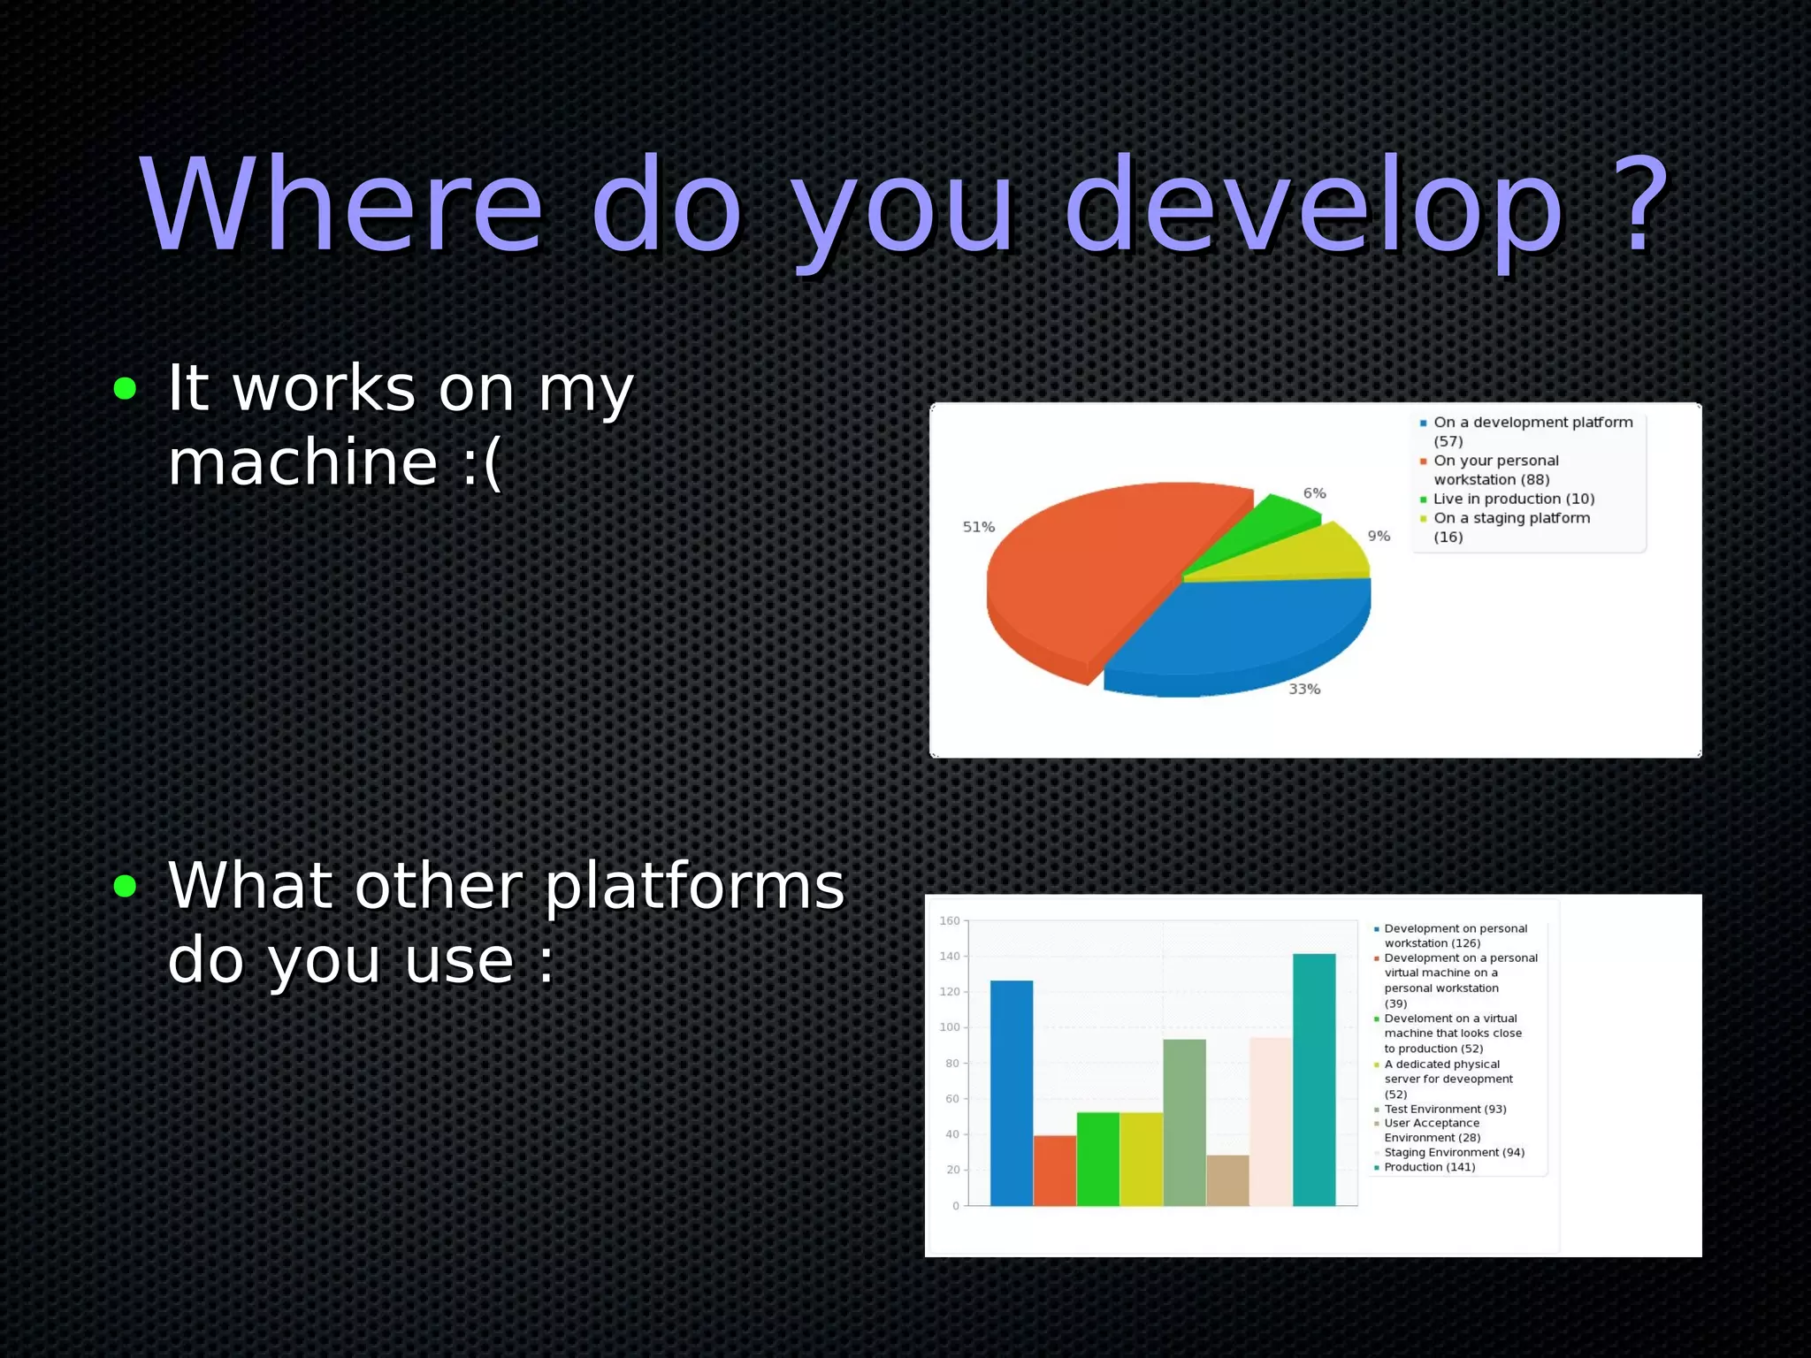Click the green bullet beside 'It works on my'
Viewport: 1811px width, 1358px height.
(x=126, y=388)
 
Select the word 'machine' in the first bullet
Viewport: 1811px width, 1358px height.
(x=303, y=462)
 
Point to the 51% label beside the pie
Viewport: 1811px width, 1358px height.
(x=978, y=527)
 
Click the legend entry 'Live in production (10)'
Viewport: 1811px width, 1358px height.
(x=1513, y=499)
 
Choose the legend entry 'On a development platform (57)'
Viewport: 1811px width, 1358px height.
(x=1532, y=431)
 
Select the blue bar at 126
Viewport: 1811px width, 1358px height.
(x=1011, y=1093)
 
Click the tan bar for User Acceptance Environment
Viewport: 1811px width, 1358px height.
(x=1227, y=1179)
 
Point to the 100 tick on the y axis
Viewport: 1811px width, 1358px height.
(x=950, y=1027)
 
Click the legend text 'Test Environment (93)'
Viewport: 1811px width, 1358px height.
(x=1445, y=1109)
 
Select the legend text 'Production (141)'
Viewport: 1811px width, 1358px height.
(x=1429, y=1167)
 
